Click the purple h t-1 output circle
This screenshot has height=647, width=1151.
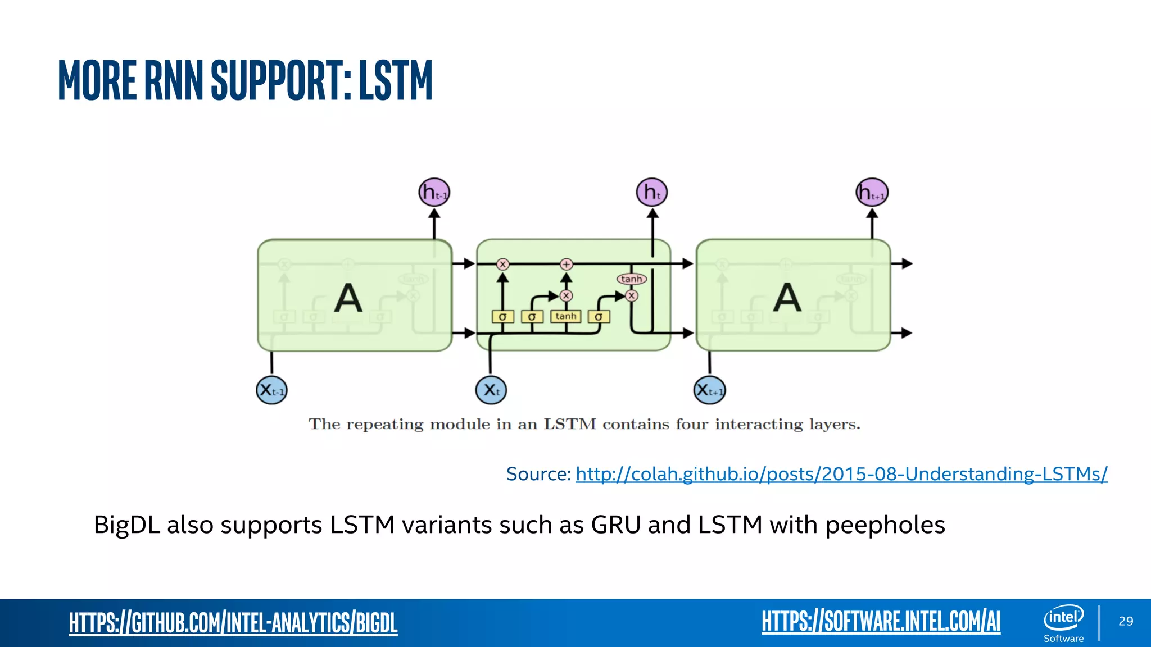[x=434, y=193]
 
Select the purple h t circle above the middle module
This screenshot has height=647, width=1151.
[x=652, y=193]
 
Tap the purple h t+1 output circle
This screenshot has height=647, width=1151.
[x=872, y=193]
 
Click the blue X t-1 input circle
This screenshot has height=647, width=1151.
[x=271, y=390]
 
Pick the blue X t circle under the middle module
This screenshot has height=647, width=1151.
[x=491, y=390]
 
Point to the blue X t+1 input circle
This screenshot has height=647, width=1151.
[x=709, y=390]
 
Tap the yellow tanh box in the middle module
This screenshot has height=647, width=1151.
[x=565, y=316]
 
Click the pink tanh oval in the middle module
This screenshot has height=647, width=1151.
[x=632, y=279]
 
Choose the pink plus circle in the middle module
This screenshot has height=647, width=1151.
[x=566, y=264]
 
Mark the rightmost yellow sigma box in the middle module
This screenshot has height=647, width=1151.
[x=599, y=317]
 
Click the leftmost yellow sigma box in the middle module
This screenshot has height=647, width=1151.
[x=502, y=317]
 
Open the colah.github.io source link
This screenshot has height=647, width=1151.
[x=841, y=474]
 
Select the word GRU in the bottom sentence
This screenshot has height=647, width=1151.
[x=615, y=525]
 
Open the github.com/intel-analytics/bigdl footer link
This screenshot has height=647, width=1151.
[x=233, y=622]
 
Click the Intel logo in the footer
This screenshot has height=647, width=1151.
[x=1063, y=618]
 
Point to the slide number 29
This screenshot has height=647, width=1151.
[x=1126, y=621]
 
